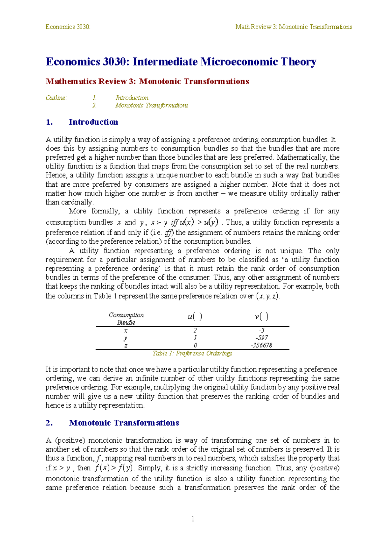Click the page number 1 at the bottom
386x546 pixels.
(x=193, y=519)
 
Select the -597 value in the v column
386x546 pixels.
(x=262, y=338)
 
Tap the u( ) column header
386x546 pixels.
(x=195, y=317)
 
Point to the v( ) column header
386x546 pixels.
(x=262, y=317)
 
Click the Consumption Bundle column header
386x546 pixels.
(x=126, y=319)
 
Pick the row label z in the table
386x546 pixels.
(x=126, y=345)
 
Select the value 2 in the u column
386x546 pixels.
(x=195, y=330)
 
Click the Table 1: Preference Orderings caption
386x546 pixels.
(x=192, y=353)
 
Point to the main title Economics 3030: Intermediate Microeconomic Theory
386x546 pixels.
(x=181, y=61)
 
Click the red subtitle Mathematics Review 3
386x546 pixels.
(x=147, y=81)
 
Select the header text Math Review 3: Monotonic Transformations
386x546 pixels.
(x=293, y=27)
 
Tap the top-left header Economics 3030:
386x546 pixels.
(x=68, y=27)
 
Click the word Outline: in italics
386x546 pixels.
(x=56, y=98)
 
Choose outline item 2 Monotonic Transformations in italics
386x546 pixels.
(x=152, y=106)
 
